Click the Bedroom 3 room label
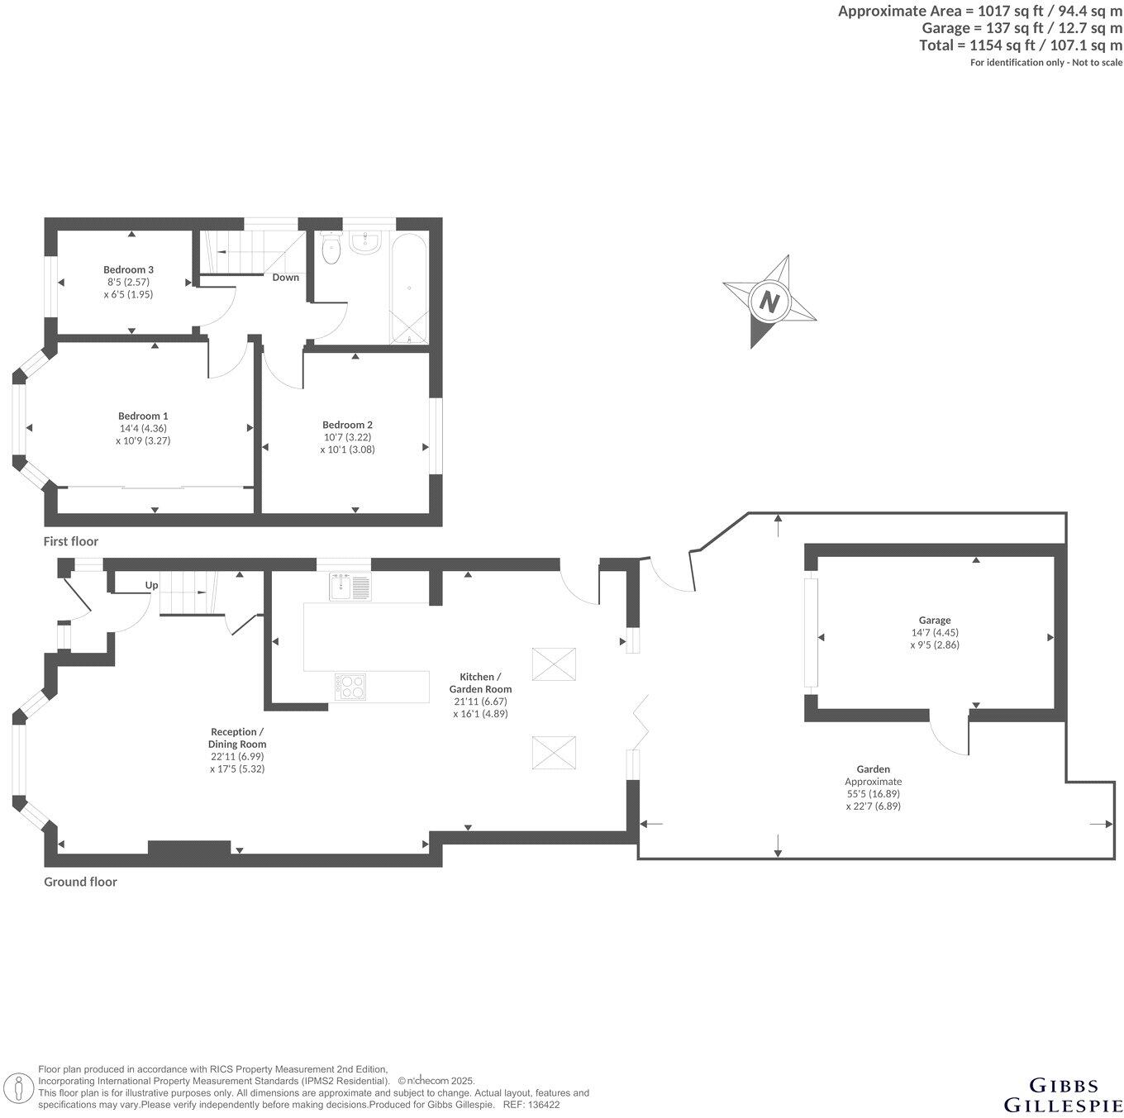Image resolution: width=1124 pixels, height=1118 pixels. (x=128, y=269)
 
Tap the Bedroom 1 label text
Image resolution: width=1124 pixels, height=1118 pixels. (x=143, y=416)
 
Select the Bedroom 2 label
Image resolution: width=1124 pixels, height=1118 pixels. (x=347, y=425)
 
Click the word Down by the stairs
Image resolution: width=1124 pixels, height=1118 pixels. (x=286, y=278)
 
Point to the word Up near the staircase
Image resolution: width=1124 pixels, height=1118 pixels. (x=152, y=585)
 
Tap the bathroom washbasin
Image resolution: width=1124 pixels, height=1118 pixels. (x=364, y=240)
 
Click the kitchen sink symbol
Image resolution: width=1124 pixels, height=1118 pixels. (x=350, y=586)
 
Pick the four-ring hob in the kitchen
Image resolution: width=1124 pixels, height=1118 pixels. (x=350, y=687)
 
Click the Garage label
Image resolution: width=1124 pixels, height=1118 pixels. (x=935, y=620)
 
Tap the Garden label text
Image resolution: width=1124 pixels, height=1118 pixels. (x=873, y=768)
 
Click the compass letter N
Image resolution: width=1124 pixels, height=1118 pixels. (x=769, y=301)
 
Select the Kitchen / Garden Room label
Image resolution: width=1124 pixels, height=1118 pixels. (x=480, y=683)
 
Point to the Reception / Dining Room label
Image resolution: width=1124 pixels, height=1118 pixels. (x=237, y=738)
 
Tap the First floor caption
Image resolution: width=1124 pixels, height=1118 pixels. (x=71, y=541)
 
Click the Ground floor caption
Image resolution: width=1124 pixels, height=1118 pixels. (x=80, y=882)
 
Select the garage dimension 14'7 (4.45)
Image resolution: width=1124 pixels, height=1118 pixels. (x=935, y=632)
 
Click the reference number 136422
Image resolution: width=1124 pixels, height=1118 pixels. (x=543, y=1105)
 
